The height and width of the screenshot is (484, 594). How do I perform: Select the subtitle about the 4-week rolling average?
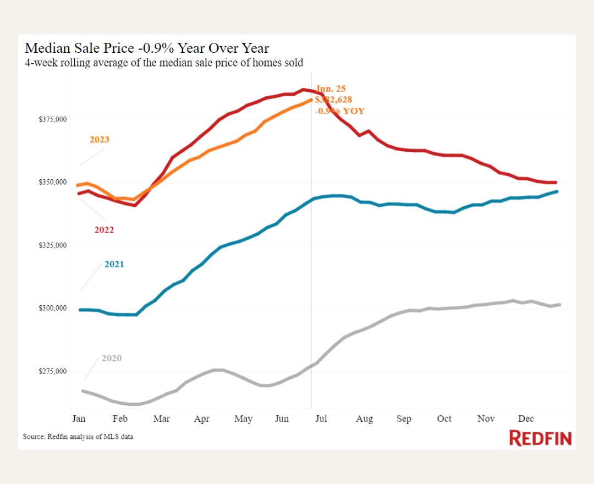[164, 63]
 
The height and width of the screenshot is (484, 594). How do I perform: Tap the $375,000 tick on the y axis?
[52, 119]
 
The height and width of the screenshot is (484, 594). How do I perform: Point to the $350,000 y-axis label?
[52, 183]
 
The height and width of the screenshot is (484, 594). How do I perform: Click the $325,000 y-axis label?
[52, 245]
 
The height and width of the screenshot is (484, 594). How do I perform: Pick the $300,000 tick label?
[52, 309]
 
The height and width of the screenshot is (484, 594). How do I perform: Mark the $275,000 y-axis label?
[52, 371]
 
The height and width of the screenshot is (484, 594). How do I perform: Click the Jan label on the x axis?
[79, 419]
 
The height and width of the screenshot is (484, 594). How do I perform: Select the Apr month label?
[202, 419]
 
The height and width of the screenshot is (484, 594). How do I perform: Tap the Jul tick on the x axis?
[321, 419]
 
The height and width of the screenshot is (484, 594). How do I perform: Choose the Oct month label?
[444, 419]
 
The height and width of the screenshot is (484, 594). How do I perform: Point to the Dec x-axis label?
[526, 419]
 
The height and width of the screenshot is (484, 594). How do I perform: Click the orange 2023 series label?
[100, 140]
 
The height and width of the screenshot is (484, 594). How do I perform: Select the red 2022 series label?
[104, 230]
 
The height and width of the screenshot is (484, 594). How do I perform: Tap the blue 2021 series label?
[114, 265]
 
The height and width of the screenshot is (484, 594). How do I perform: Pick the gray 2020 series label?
[112, 359]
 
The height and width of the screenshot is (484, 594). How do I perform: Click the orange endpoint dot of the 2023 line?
[311, 100]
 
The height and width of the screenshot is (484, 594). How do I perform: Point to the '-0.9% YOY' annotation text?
[340, 111]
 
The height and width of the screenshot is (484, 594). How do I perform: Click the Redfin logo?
[540, 438]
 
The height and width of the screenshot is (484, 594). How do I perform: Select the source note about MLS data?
[78, 437]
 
